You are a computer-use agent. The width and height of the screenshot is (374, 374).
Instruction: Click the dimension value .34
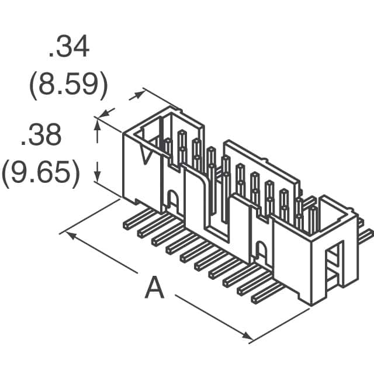[69, 49]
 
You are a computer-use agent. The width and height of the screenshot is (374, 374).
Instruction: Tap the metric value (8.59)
[69, 86]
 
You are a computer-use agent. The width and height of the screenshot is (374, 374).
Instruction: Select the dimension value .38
[41, 136]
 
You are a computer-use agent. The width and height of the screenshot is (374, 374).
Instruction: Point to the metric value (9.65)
[41, 174]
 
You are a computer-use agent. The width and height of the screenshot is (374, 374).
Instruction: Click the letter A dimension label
[154, 288]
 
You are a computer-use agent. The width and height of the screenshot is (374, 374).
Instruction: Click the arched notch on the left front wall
[172, 200]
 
